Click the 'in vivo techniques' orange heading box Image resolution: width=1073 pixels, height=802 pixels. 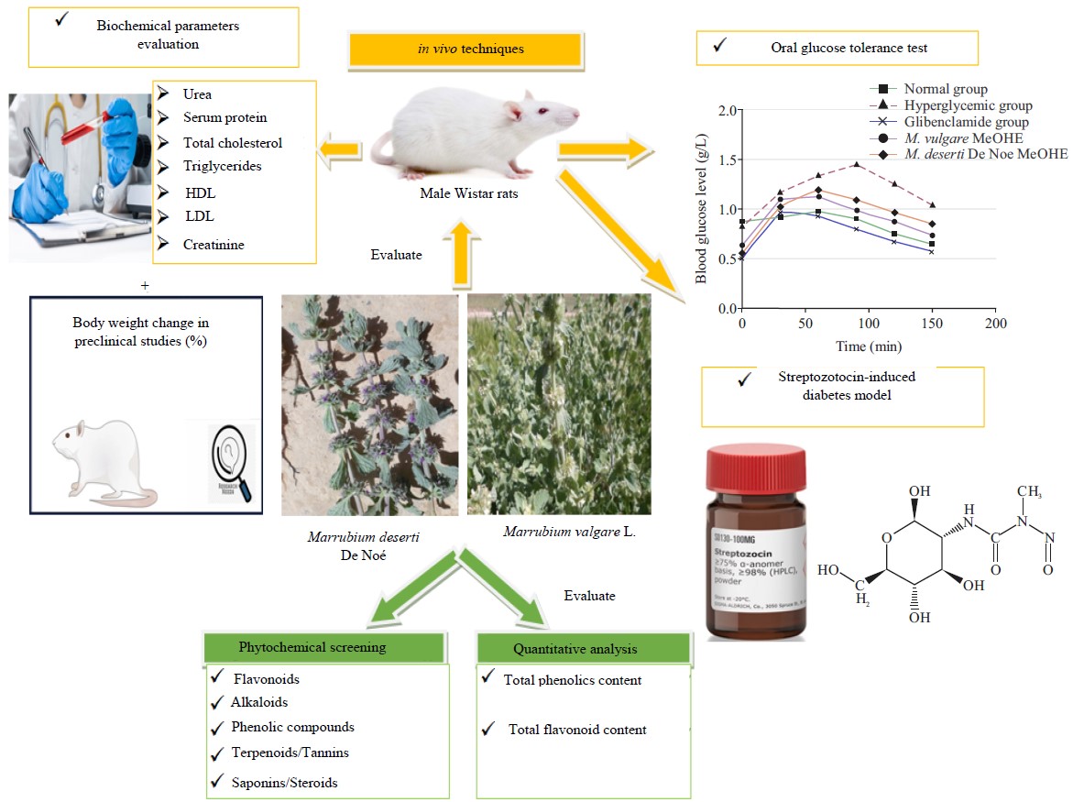pos(465,49)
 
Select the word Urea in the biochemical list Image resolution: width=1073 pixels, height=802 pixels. pos(197,94)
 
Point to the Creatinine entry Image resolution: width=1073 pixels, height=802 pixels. pos(214,245)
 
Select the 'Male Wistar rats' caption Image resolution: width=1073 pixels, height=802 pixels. pos(465,193)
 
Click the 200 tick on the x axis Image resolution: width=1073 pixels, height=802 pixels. pos(996,324)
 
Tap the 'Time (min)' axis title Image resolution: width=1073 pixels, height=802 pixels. pos(868,346)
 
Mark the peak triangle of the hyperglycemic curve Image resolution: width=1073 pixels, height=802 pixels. pos(855,164)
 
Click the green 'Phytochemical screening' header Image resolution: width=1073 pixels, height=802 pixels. pos(312,647)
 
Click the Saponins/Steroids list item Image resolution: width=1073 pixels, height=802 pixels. pos(285,783)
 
